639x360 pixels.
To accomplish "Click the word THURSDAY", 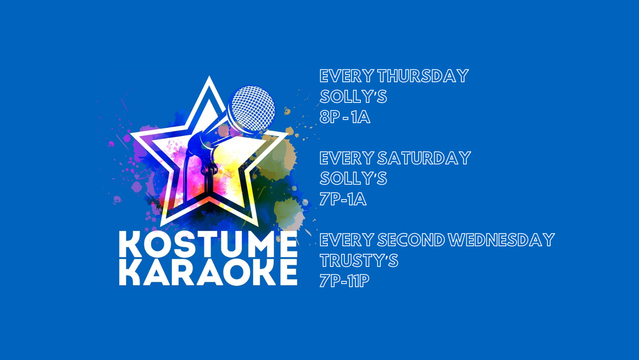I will click(423, 76).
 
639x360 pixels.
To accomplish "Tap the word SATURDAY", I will click(424, 158).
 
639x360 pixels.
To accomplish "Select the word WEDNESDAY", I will click(501, 240).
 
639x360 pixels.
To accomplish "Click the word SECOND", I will click(411, 240).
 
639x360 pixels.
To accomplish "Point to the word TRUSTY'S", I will click(359, 261).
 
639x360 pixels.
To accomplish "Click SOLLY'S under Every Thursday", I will click(353, 97).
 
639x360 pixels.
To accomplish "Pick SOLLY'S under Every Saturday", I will click(353, 178).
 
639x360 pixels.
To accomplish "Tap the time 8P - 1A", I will click(344, 117).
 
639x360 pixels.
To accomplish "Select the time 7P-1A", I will click(343, 199).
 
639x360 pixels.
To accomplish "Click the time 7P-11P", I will click(344, 281).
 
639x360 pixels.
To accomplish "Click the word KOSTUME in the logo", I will click(208, 245).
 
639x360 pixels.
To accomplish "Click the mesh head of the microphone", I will click(251, 108).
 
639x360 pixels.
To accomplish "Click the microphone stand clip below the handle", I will click(210, 170).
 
